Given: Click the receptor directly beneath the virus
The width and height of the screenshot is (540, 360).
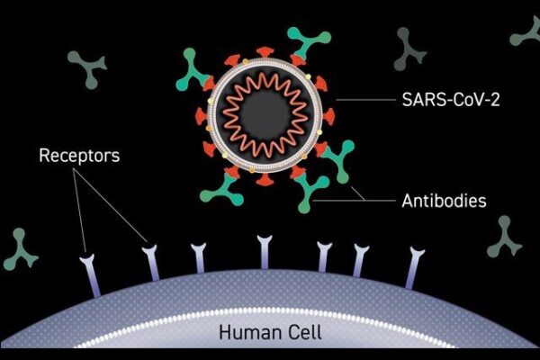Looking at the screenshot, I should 264,251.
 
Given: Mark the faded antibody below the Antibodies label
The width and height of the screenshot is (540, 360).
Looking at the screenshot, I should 504,238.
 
